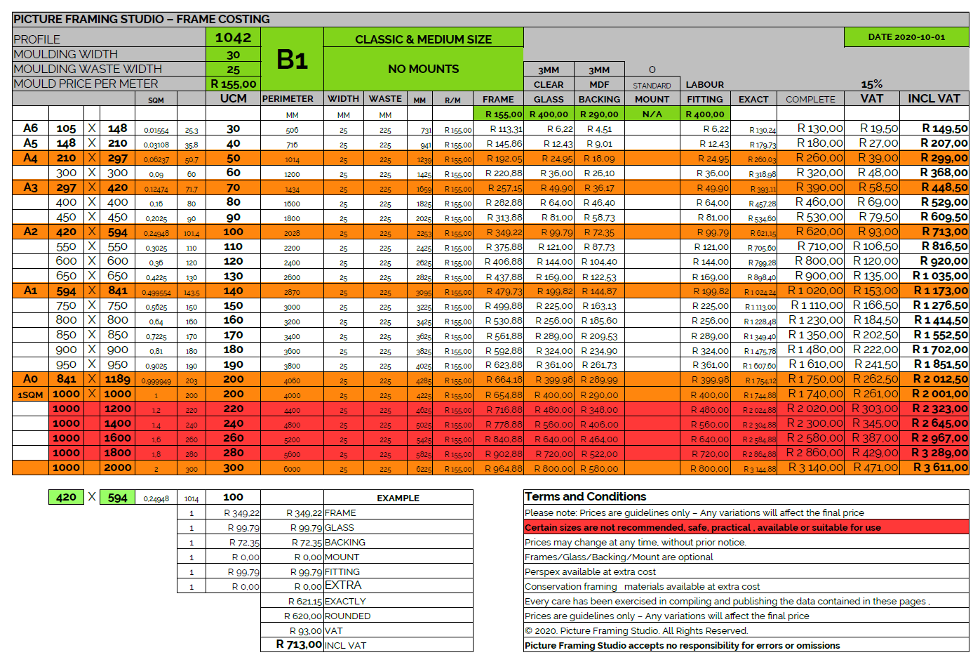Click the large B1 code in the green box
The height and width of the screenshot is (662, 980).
tap(292, 60)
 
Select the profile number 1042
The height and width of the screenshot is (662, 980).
tap(233, 38)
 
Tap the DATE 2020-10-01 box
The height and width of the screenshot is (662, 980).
tap(906, 37)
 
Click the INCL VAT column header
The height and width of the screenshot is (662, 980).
tap(934, 99)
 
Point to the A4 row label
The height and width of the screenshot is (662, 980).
tap(30, 158)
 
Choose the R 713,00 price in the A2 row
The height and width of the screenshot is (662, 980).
tap(944, 232)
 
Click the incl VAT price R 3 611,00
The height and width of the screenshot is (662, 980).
tap(940, 468)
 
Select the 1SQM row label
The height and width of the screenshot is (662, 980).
tap(30, 395)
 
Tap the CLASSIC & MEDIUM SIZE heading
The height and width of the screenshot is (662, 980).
tap(423, 39)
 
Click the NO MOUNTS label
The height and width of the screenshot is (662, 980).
tap(423, 69)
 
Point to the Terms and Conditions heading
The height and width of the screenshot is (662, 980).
tap(585, 497)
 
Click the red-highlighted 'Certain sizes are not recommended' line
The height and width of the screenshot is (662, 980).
tap(702, 527)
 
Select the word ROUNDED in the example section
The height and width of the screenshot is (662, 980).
tap(347, 616)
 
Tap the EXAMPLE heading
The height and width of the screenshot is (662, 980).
tap(398, 498)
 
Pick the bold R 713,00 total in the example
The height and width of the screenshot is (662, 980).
tap(299, 644)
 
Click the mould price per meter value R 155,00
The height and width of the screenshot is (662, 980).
tap(233, 84)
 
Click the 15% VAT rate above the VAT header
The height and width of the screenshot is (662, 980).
tap(871, 84)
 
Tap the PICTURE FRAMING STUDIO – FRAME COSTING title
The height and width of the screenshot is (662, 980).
tap(142, 19)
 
